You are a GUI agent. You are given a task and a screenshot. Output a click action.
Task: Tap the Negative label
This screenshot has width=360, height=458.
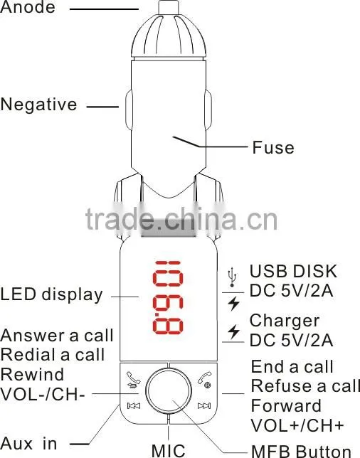[39, 105]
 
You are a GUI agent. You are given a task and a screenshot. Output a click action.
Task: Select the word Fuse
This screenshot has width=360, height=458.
[273, 147]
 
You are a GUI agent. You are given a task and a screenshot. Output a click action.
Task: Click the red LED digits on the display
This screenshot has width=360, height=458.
[168, 297]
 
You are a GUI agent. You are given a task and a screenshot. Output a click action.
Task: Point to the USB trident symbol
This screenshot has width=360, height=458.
[232, 277]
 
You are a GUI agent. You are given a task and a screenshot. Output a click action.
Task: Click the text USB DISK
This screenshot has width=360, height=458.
[293, 271]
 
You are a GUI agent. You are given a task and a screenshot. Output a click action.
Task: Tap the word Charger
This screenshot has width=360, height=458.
[285, 321]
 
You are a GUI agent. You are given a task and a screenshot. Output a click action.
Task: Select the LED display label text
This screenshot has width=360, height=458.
[52, 294]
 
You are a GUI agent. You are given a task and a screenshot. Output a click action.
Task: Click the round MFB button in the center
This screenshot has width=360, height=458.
[168, 390]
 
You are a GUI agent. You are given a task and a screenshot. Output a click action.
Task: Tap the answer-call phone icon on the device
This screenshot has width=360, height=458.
[133, 380]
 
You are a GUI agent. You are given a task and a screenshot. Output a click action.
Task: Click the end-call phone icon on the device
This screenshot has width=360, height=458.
[205, 380]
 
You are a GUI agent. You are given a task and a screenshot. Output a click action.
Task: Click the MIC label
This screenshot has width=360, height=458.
[169, 451]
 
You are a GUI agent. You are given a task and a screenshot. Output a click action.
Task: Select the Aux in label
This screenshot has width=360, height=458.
[28, 444]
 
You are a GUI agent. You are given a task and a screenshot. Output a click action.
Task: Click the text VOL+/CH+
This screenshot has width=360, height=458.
[297, 425]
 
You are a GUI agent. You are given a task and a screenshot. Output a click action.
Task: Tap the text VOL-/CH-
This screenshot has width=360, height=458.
[43, 394]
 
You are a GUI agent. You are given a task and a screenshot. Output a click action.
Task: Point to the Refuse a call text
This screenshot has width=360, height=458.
[305, 386]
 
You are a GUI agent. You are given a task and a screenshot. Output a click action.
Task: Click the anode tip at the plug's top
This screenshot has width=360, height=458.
[169, 7]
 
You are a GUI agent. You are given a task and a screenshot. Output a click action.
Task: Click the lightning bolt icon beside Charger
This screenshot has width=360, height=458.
[234, 332]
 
